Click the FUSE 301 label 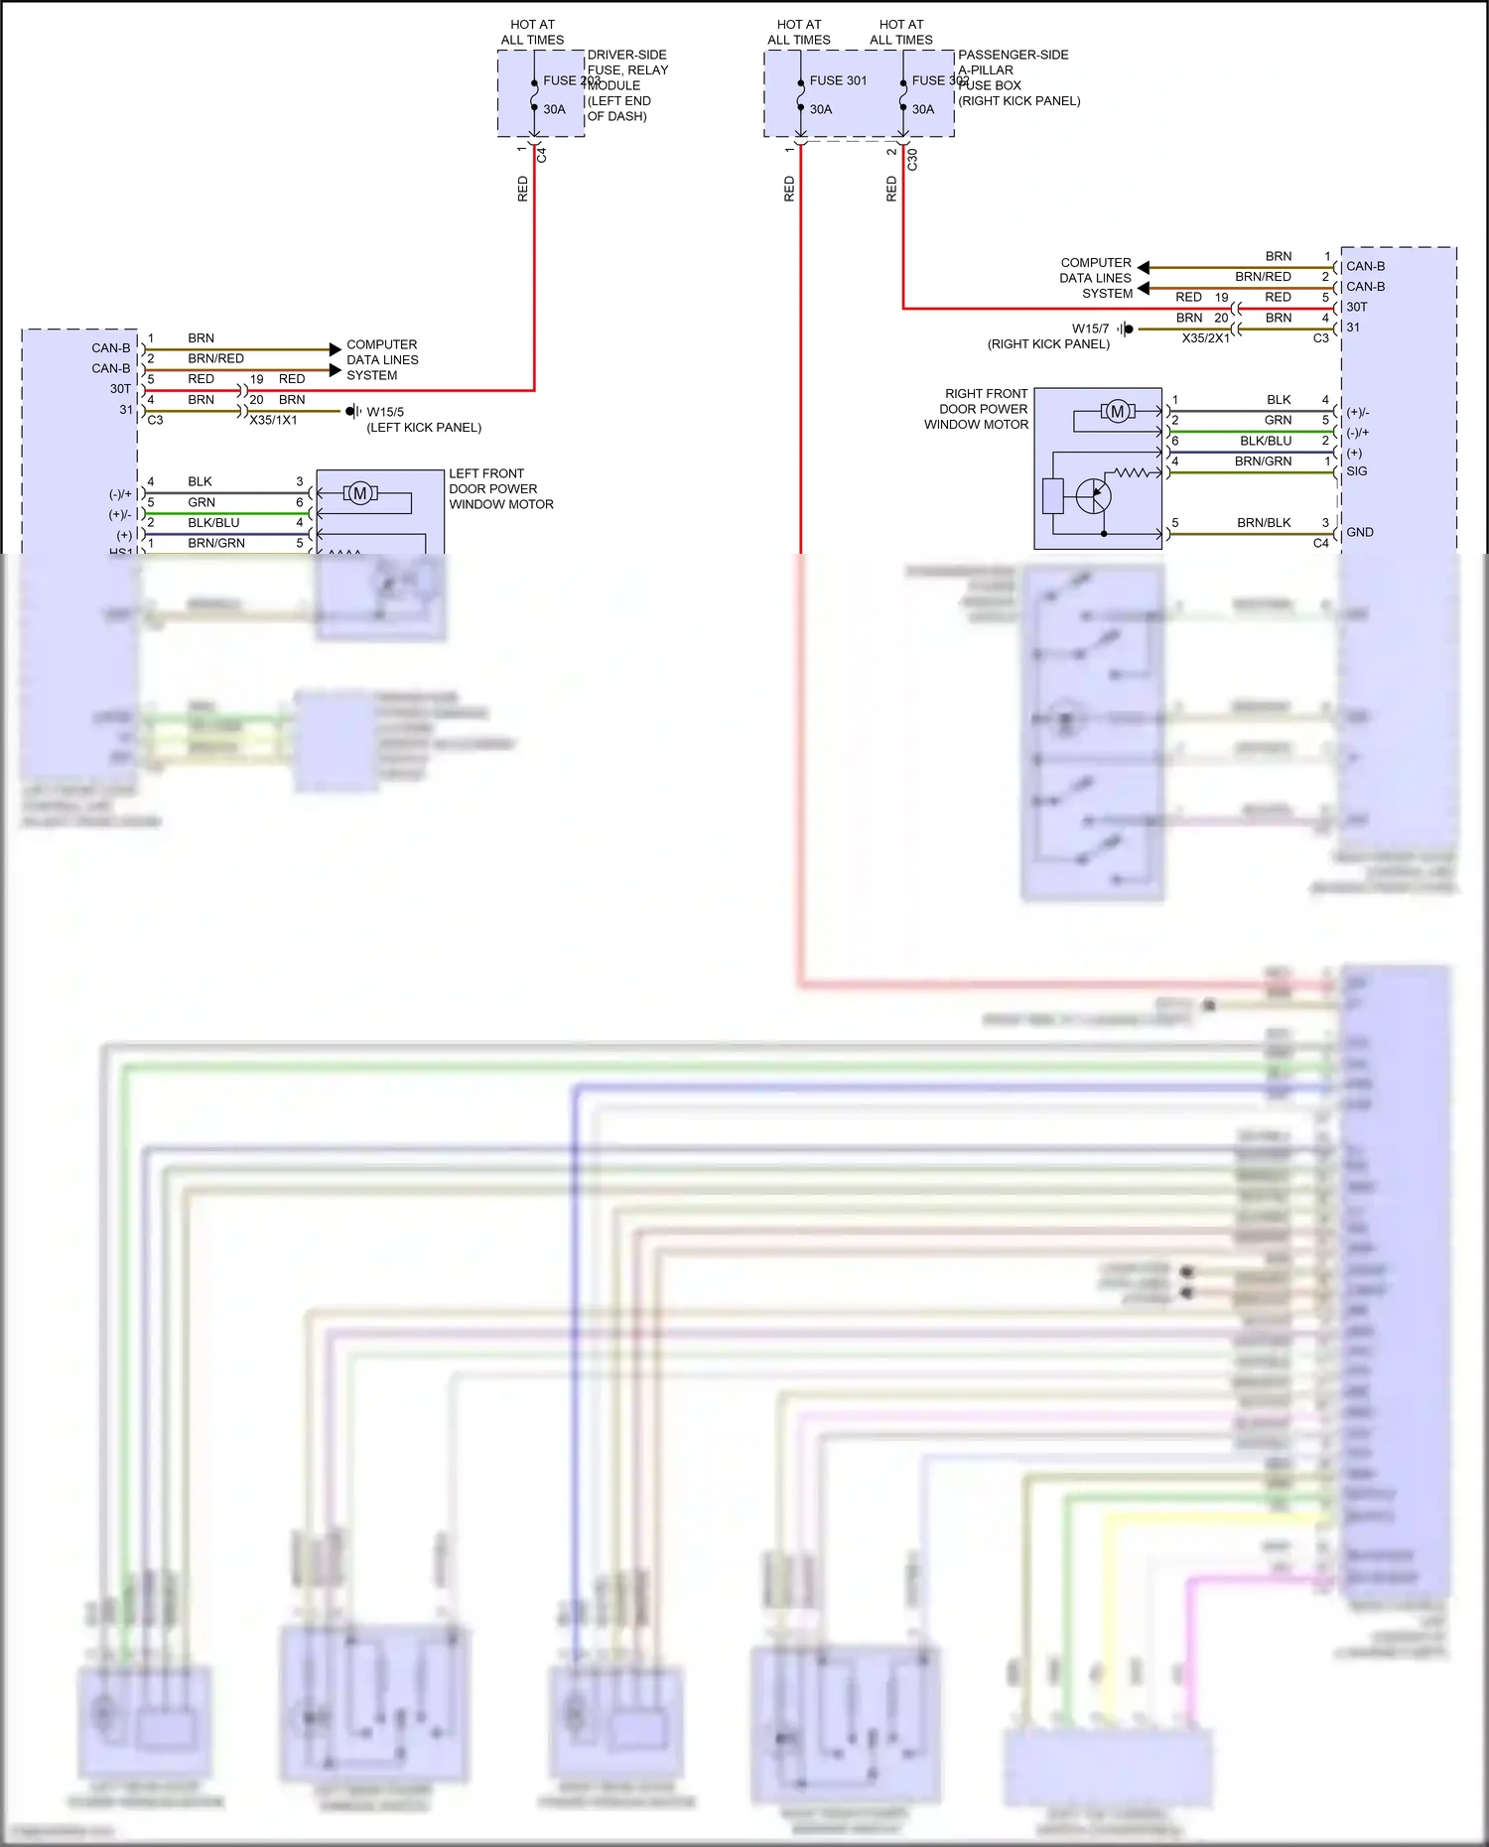[838, 80]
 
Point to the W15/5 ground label [385, 412]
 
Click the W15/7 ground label [1090, 329]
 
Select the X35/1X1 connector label [273, 420]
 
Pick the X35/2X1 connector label [1205, 338]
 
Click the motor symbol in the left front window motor [360, 493]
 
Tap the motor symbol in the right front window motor [1118, 411]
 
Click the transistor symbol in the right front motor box [1093, 495]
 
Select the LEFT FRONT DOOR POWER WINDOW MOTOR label [500, 489]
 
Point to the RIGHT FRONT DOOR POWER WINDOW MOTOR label [977, 409]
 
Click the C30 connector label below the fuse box [912, 159]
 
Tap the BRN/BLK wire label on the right [1264, 523]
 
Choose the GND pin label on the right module [1359, 532]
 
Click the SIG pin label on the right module [1356, 471]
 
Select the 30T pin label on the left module [120, 389]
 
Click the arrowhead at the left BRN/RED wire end [335, 370]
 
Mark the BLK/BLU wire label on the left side [213, 523]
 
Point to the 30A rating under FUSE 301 [820, 109]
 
